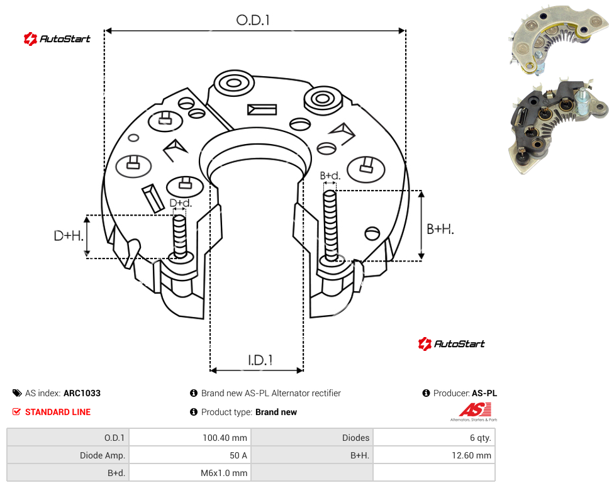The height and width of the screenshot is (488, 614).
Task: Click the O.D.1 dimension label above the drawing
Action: coord(253,20)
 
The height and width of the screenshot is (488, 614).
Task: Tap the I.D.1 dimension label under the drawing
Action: coord(260,360)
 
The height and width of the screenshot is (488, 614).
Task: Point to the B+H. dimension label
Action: coord(440,229)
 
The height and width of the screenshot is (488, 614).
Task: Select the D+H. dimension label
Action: coord(69,236)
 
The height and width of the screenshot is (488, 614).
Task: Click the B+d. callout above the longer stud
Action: coord(330,175)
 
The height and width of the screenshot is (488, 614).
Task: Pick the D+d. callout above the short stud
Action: coord(181,203)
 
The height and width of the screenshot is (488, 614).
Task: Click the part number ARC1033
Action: coord(82,393)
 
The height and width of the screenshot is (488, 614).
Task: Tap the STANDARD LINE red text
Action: coord(58,412)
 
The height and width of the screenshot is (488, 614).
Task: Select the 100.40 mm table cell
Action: coord(190,438)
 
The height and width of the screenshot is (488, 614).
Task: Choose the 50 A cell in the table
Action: coord(190,455)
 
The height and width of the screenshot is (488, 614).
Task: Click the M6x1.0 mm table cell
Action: coord(190,473)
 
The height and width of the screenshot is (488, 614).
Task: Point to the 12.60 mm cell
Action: coord(434,455)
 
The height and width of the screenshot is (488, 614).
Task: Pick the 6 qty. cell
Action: coord(434,438)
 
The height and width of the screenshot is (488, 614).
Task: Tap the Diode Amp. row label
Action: coord(68,455)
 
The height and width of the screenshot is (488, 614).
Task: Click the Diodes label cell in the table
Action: coord(312,438)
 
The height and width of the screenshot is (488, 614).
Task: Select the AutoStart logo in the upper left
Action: coord(57,39)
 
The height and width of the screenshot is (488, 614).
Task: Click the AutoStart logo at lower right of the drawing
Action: coord(451,344)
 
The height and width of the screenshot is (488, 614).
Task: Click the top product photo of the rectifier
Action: coord(559,40)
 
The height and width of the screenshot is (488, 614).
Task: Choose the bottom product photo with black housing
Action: coord(559,126)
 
